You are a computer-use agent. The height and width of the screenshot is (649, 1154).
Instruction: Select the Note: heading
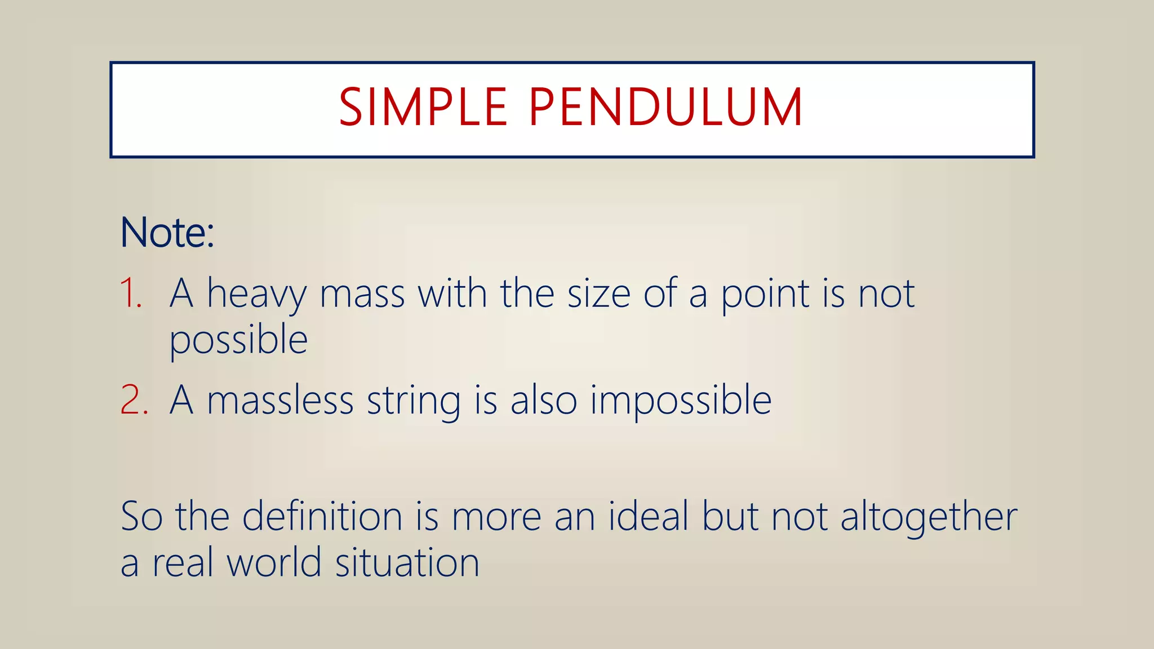(167, 232)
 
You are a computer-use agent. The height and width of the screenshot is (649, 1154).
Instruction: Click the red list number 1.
(131, 294)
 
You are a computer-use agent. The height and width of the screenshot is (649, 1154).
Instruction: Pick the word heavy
(257, 295)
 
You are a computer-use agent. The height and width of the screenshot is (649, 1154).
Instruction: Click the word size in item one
(598, 294)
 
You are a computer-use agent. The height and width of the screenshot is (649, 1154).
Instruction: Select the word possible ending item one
(238, 340)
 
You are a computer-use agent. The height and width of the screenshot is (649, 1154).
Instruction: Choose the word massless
(280, 400)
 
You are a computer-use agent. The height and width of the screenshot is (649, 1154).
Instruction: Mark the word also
(544, 400)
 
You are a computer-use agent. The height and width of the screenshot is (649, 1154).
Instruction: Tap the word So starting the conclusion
(141, 516)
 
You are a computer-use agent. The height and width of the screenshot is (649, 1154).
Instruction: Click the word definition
(322, 516)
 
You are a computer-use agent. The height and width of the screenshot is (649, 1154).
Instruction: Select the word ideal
(649, 516)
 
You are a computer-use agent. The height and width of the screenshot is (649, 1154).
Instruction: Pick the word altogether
(929, 517)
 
